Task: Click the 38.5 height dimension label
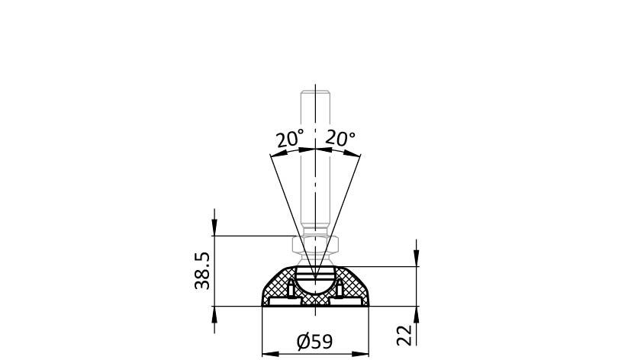(202, 271)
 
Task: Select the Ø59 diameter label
(314, 342)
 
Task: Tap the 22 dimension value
(404, 335)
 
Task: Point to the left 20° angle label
(290, 139)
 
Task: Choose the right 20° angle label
(340, 138)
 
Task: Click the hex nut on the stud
(315, 244)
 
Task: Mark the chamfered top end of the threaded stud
(316, 92)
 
